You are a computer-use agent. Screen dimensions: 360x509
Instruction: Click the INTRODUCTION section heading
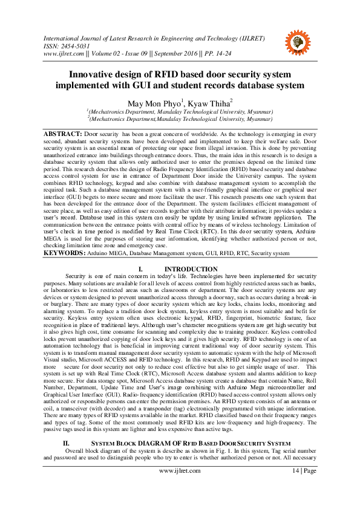click(x=191, y=268)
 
